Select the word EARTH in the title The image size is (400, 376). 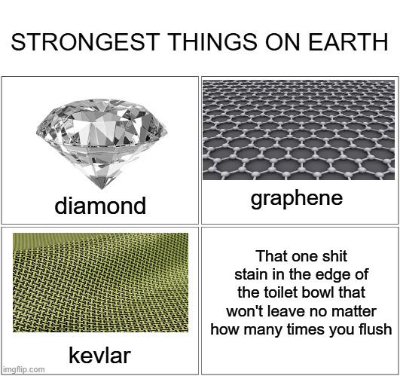click(x=349, y=42)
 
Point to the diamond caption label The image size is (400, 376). click(x=100, y=206)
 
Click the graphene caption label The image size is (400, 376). click(x=297, y=200)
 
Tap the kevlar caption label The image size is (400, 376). click(x=99, y=356)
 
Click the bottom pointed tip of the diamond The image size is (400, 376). click(x=101, y=188)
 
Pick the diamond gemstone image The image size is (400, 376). click(x=102, y=144)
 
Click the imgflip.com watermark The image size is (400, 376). click(x=23, y=370)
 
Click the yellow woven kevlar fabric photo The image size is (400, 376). click(x=100, y=283)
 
